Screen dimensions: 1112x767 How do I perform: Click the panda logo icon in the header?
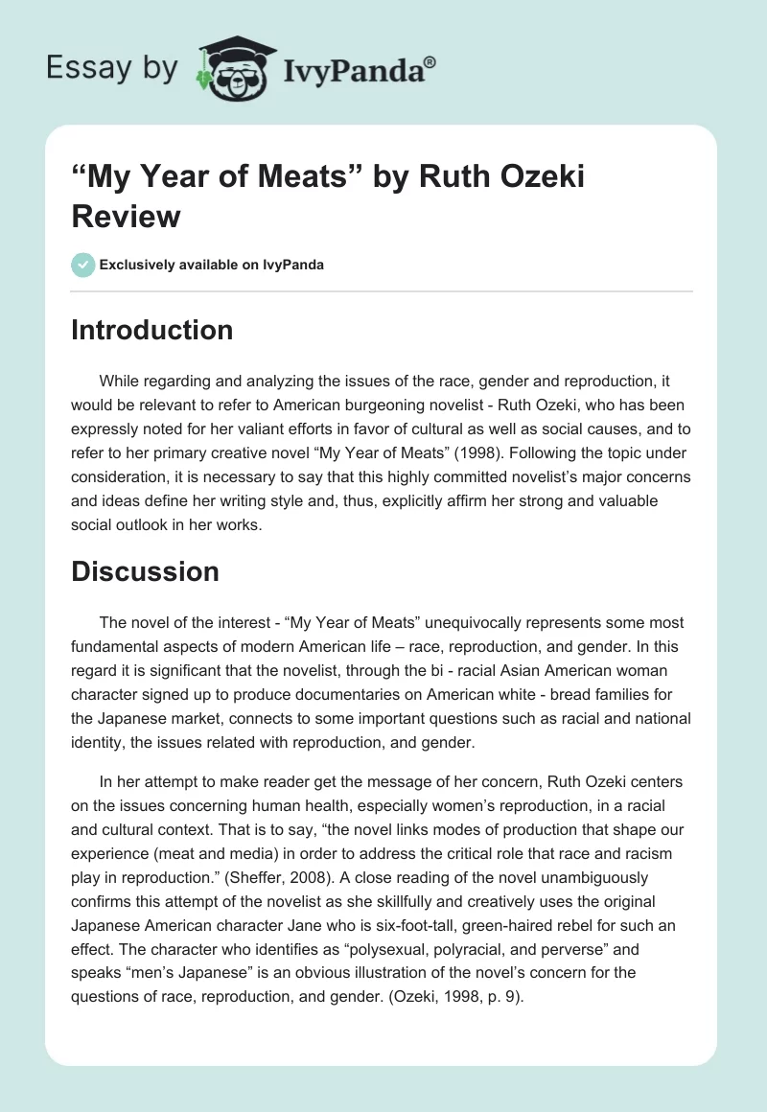234,69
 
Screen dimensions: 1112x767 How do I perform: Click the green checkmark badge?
82,265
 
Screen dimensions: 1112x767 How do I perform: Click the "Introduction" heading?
152,330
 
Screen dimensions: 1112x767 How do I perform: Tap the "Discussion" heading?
145,571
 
